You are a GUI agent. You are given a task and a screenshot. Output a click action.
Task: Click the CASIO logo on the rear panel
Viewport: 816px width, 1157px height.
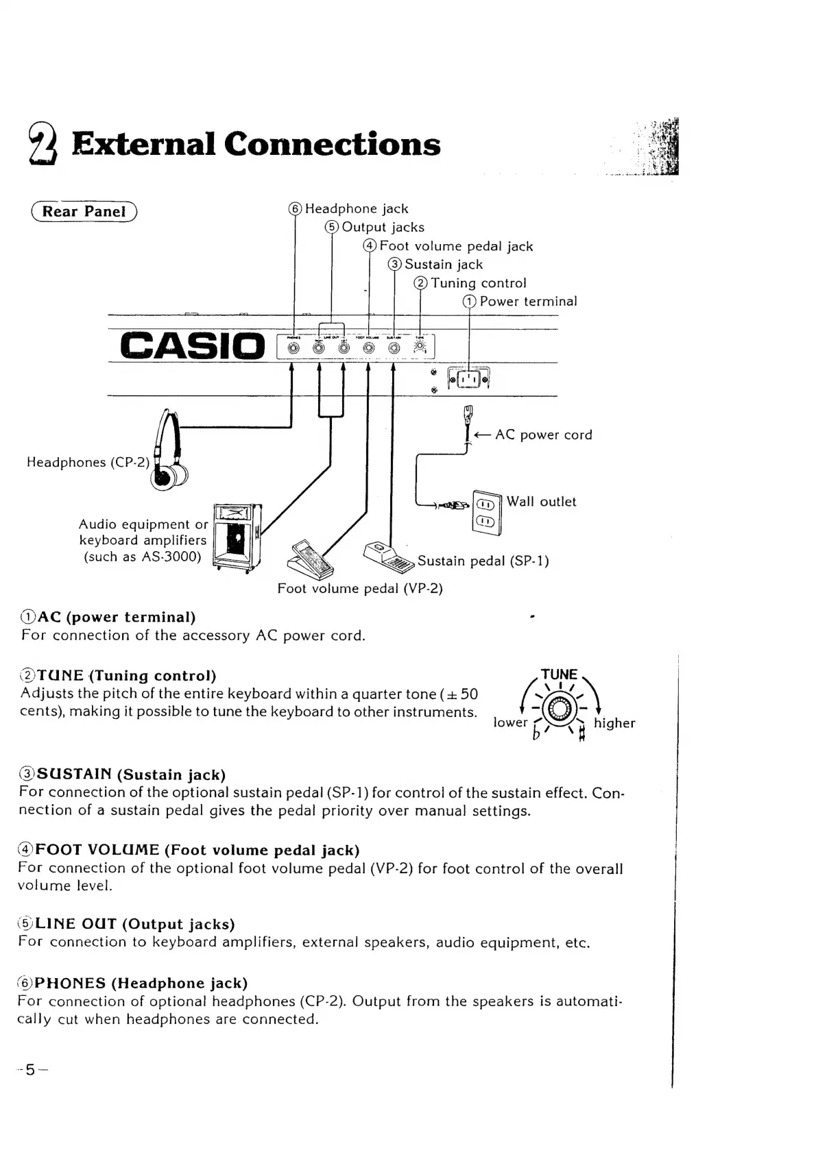[191, 345]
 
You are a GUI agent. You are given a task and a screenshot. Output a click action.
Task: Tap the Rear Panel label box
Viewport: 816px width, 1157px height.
[84, 211]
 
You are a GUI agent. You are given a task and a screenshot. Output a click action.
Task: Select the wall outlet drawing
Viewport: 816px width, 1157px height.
[486, 511]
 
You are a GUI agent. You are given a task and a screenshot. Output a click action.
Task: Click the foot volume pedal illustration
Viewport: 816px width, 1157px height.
[312, 559]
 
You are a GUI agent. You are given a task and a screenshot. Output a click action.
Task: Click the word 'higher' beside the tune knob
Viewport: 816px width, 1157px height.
[614, 723]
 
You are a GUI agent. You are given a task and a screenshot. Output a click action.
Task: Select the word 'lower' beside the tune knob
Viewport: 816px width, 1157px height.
[510, 723]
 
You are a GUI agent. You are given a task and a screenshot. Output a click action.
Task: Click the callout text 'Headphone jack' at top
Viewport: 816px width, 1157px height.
[356, 209]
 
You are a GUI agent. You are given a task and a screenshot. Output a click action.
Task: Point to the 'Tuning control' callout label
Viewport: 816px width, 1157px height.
[478, 283]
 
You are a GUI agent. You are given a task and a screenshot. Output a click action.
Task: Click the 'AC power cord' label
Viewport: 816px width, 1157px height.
[543, 435]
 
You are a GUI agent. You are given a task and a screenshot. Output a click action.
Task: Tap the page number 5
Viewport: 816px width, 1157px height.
[30, 1070]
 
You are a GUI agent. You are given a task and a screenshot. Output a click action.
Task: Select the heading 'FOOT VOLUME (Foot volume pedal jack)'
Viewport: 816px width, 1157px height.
[189, 850]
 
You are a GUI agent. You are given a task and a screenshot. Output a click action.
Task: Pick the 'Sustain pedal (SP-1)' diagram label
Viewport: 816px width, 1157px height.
[483, 561]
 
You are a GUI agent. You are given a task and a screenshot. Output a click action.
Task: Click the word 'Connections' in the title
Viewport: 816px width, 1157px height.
[332, 144]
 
